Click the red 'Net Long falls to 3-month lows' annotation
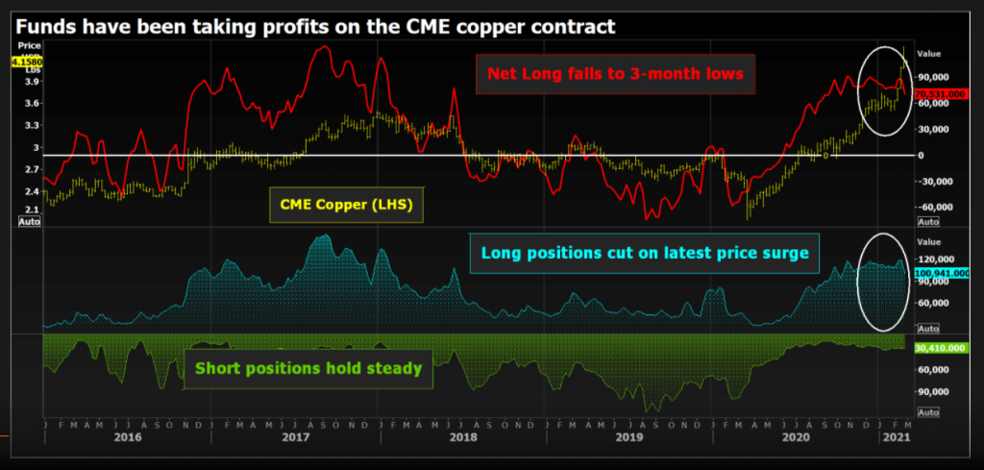[x=615, y=74]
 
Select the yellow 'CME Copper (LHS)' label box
[x=346, y=204]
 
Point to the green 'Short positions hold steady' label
[x=308, y=367]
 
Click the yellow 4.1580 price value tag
[x=25, y=62]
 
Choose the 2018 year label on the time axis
[x=462, y=437]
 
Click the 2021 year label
[x=895, y=437]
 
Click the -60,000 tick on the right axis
[x=934, y=206]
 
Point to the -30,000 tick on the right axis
[x=934, y=180]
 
